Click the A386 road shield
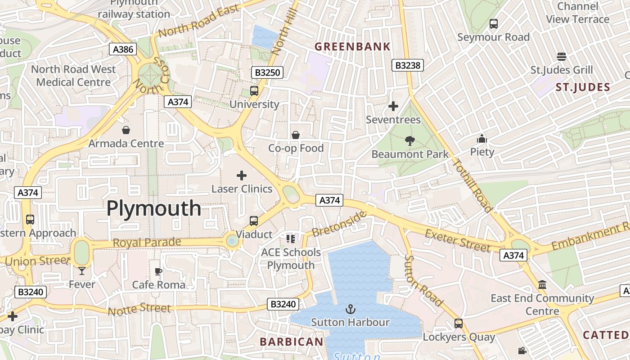point(123,49)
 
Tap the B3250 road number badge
point(267,72)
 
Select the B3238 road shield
point(407,65)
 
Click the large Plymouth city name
point(154,208)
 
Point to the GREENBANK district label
point(352,46)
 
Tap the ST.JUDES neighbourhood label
point(583,87)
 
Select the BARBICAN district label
point(292,342)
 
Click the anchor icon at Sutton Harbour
point(350,309)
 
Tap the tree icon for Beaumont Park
point(409,141)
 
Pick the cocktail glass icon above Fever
point(81,270)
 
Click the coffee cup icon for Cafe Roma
point(158,271)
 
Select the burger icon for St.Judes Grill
point(561,57)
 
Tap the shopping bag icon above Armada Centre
point(126,130)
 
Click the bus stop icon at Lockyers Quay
point(459,323)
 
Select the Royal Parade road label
point(147,243)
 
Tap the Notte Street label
point(139,309)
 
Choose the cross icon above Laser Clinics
point(242,175)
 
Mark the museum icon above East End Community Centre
point(542,285)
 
